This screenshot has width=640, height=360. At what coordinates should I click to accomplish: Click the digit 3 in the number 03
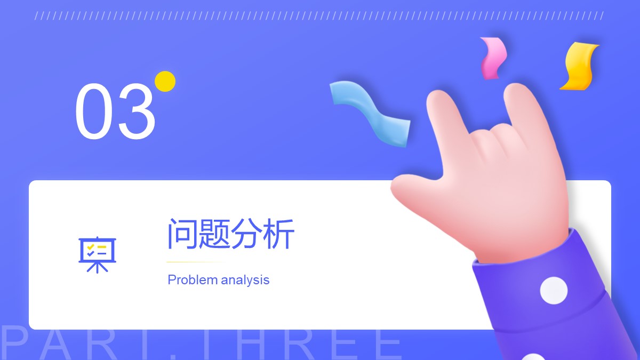pos(137,111)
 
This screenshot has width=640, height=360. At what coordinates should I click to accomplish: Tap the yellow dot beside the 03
pos(165,82)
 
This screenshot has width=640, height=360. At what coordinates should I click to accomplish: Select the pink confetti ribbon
pos(493,58)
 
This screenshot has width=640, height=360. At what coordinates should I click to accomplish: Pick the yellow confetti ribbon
pos(579,66)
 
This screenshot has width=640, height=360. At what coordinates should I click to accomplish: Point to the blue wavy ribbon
pos(371,114)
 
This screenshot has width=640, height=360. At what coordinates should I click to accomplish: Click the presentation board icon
pos(98,255)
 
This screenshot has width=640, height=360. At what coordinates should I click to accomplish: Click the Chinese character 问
pos(182,234)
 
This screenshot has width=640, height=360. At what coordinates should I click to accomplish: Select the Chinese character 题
pos(214,234)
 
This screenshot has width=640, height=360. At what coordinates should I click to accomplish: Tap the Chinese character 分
pos(246,234)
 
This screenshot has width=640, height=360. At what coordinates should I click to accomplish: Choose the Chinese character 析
pos(278,234)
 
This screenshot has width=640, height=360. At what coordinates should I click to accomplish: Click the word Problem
pos(193,279)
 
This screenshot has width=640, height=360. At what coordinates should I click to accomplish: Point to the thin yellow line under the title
pos(196,262)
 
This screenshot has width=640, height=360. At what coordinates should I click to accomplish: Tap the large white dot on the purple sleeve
pos(554,291)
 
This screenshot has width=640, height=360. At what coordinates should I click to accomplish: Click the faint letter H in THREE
pos(251,345)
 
